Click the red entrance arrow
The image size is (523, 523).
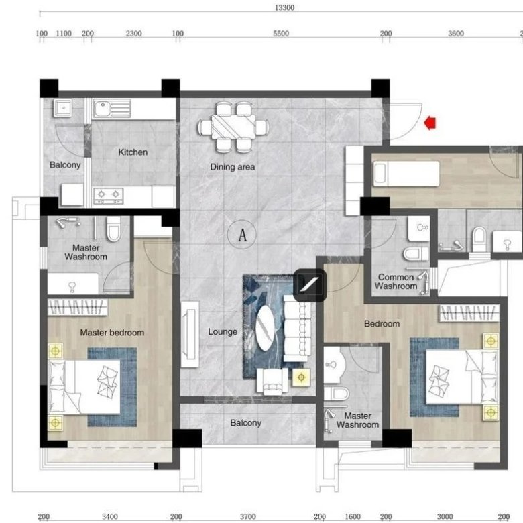click(x=430, y=123)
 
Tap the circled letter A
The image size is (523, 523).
click(x=242, y=235)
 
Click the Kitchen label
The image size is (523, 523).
click(x=133, y=152)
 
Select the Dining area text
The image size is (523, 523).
click(x=233, y=167)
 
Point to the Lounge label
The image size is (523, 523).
click(x=223, y=331)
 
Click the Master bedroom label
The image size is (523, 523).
click(x=112, y=332)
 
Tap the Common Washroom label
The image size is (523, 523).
click(x=396, y=282)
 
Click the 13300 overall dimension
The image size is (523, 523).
click(x=284, y=7)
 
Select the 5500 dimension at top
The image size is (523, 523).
click(x=281, y=34)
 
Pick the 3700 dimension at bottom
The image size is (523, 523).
click(x=248, y=516)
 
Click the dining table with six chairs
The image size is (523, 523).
click(x=233, y=127)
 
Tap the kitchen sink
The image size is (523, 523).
click(x=111, y=109)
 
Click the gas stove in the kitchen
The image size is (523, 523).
click(x=109, y=196)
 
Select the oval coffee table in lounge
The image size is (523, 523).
click(x=265, y=328)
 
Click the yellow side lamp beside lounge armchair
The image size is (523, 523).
click(x=301, y=377)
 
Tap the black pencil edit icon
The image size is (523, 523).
click(x=310, y=285)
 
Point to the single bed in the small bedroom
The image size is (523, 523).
click(x=406, y=174)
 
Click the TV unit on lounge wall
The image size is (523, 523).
click(x=190, y=335)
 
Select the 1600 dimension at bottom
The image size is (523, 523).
click(x=353, y=516)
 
